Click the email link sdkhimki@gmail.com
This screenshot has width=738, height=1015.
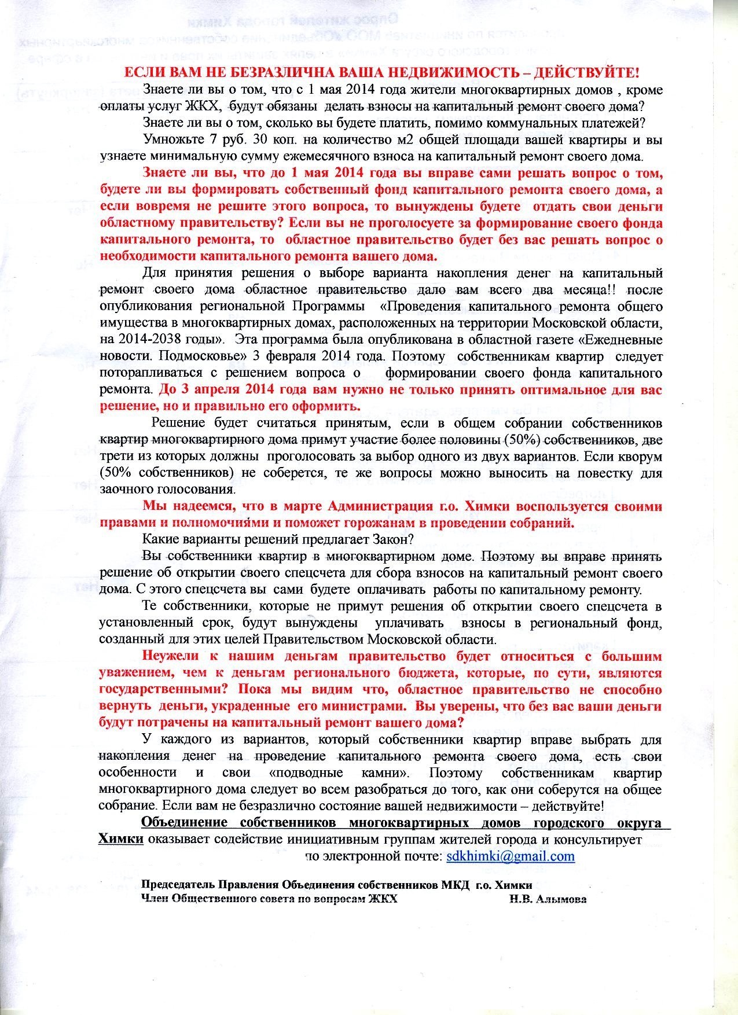coord(511,856)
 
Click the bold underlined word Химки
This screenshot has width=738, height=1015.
coord(120,840)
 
